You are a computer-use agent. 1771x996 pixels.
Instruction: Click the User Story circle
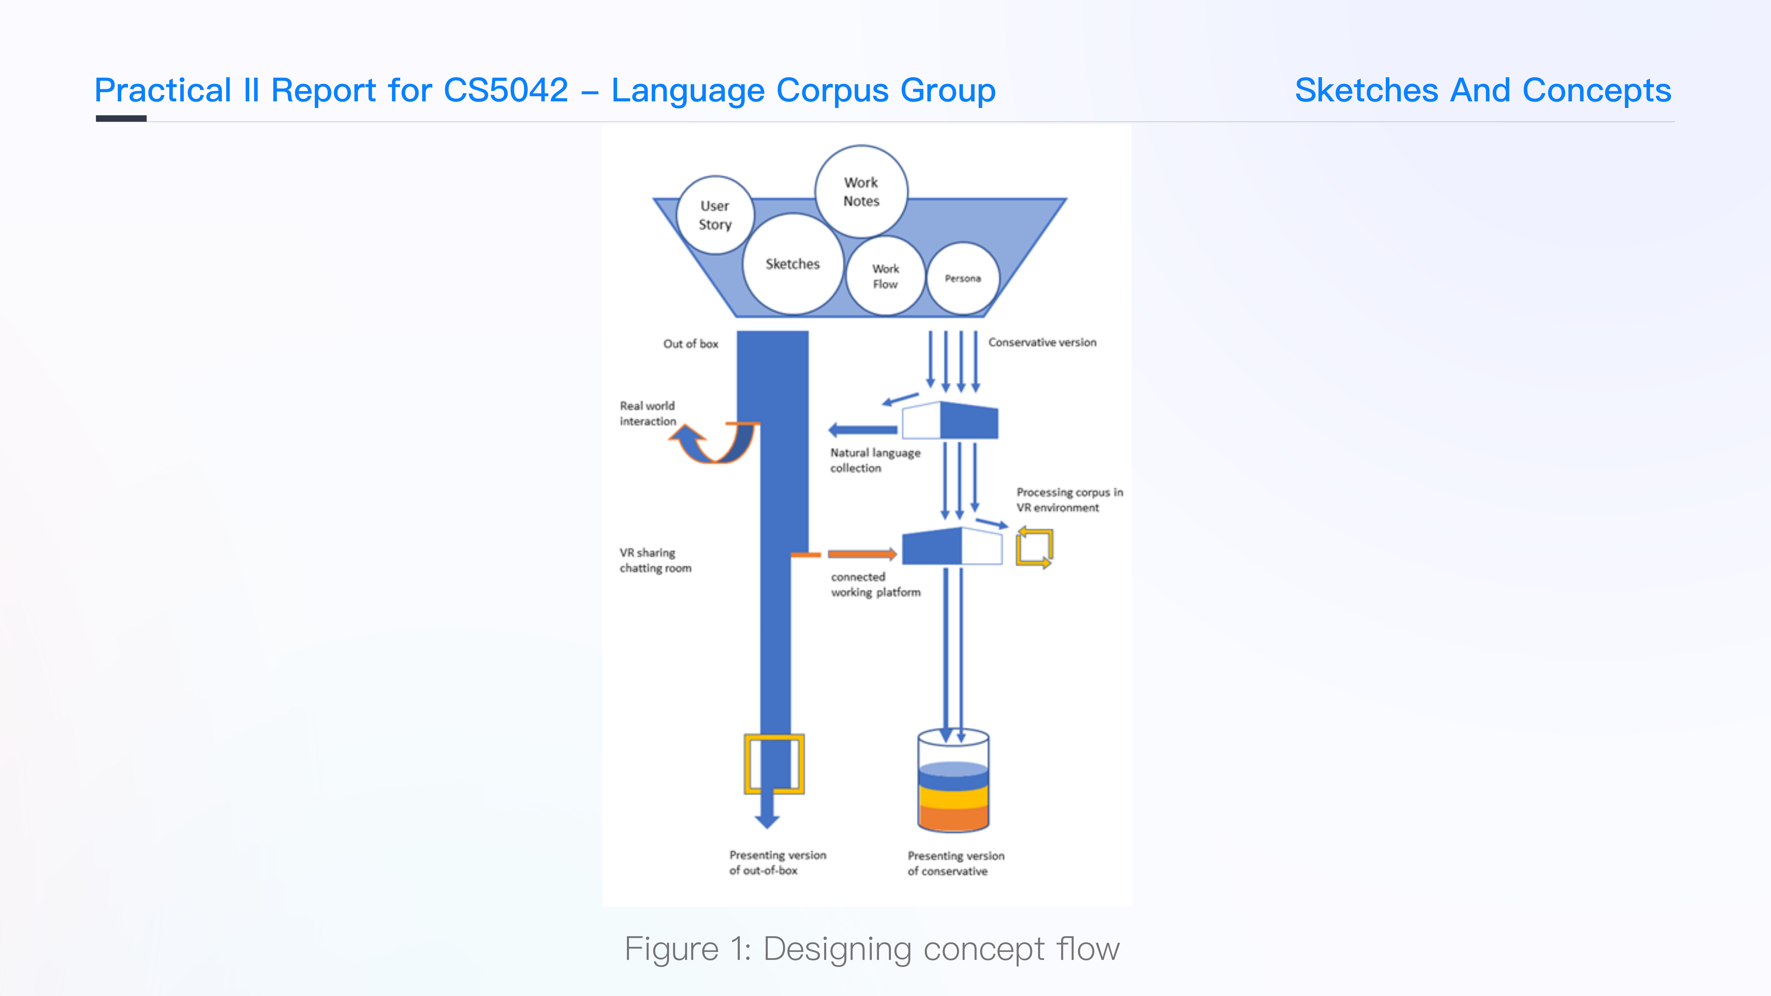click(715, 215)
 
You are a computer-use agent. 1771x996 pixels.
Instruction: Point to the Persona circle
click(963, 278)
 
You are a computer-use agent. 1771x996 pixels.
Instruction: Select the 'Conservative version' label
click(1042, 342)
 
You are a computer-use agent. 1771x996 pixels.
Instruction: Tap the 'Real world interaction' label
click(648, 413)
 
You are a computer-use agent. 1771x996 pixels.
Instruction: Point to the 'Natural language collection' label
click(875, 460)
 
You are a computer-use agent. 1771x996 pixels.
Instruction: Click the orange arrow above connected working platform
click(862, 554)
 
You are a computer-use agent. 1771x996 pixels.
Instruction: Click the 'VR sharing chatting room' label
click(655, 560)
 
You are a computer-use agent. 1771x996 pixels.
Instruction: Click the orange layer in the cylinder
click(953, 818)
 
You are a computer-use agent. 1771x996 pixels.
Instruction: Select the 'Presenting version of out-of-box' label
click(777, 863)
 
